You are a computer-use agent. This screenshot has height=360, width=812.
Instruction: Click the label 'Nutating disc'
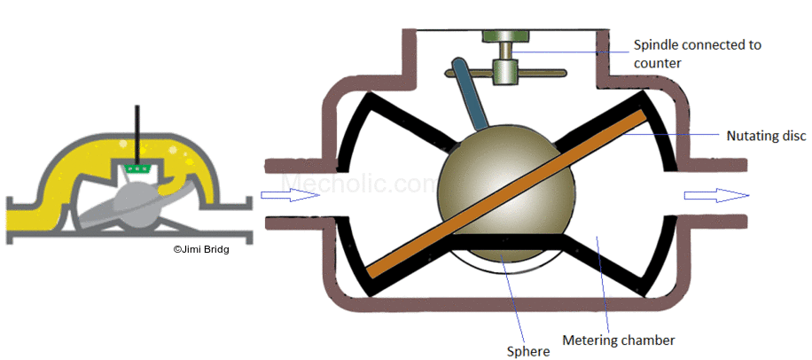[x=765, y=135]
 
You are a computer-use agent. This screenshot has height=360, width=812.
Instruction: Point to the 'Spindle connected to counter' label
[x=696, y=54]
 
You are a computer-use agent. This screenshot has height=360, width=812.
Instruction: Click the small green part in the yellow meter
[x=137, y=168]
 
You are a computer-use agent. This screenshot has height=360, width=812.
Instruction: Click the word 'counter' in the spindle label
[x=657, y=64]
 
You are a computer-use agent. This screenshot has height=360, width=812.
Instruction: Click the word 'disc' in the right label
[x=792, y=135]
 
